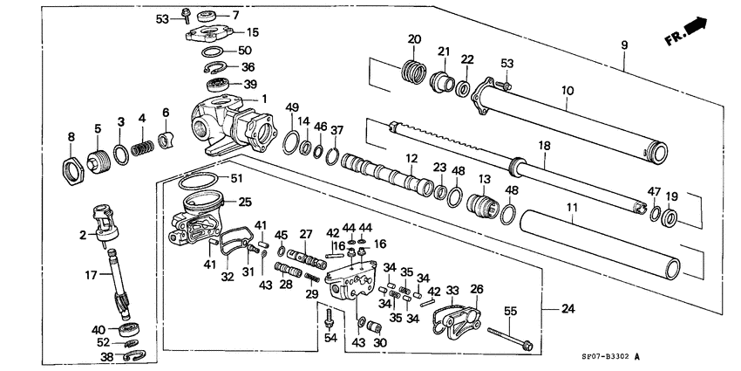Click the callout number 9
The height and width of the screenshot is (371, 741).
pyautogui.click(x=624, y=43)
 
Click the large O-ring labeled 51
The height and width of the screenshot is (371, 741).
pyautogui.click(x=199, y=182)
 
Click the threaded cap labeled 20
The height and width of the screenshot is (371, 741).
pyautogui.click(x=414, y=69)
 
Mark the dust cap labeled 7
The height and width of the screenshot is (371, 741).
pyautogui.click(x=208, y=17)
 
